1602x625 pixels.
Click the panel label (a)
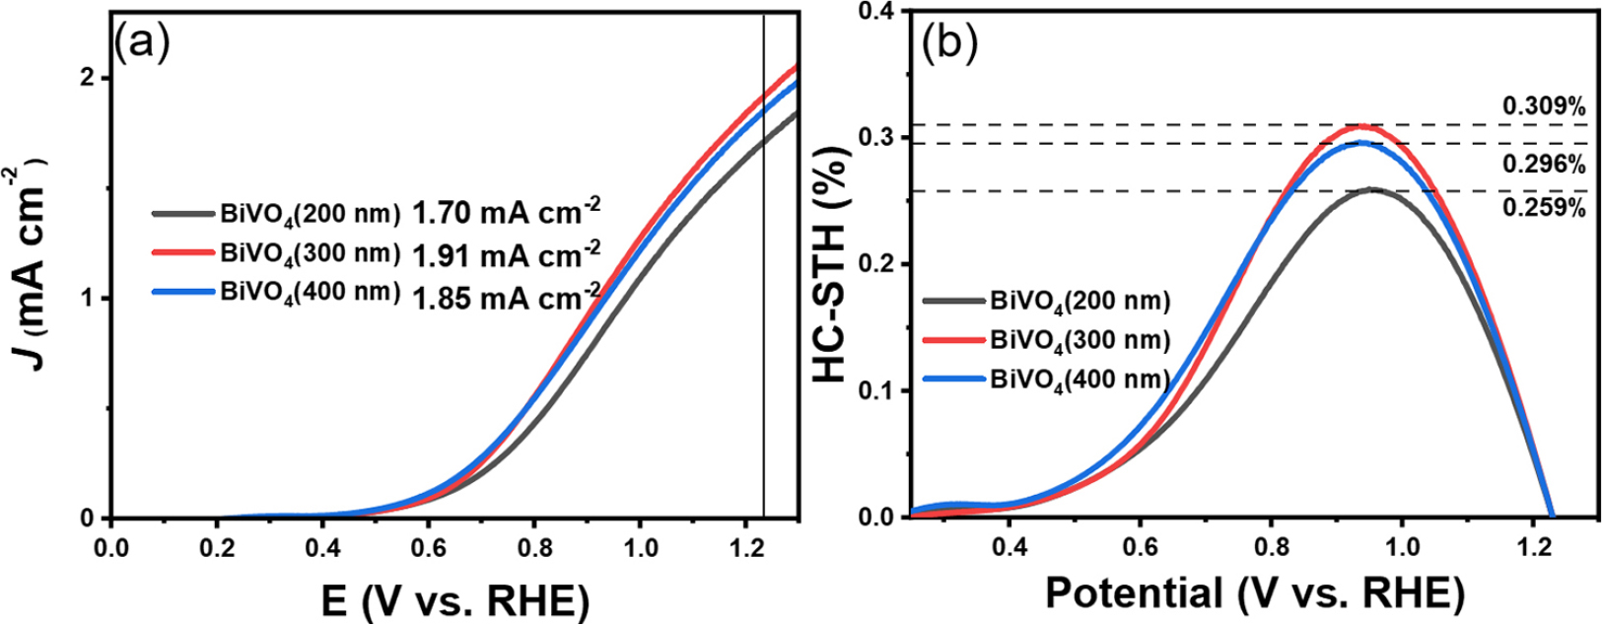pos(142,44)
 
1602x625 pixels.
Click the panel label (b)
pos(947,44)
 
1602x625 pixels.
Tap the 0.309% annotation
pos(1544,106)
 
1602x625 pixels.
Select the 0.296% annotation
pos(1544,165)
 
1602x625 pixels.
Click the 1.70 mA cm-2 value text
pos(507,211)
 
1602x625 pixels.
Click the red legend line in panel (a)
pos(183,251)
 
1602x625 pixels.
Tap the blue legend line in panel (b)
pos(954,379)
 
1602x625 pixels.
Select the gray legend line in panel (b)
pos(954,301)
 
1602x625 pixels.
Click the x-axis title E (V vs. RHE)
pos(455,599)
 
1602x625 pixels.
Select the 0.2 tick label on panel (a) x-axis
pos(216,548)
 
